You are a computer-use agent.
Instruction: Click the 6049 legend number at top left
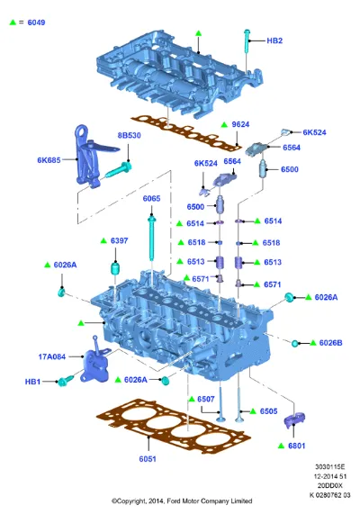(x=36, y=23)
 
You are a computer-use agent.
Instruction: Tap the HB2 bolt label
(x=274, y=41)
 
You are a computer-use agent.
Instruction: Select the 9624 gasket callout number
(x=240, y=124)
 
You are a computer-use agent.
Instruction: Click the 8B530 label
(x=130, y=135)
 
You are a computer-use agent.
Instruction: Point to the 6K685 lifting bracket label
(x=49, y=160)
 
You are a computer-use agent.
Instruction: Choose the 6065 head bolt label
(x=151, y=198)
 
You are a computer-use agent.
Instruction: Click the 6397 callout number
(x=119, y=240)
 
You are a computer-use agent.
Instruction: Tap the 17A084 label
(x=52, y=356)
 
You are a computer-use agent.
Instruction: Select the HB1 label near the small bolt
(x=32, y=382)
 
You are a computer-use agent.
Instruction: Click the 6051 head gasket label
(x=148, y=459)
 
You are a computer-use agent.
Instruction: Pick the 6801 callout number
(x=296, y=446)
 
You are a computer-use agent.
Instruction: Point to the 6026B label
(x=330, y=343)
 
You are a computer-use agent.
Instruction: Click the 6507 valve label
(x=206, y=399)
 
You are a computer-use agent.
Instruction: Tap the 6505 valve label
(x=268, y=411)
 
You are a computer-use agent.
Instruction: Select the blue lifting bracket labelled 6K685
(x=92, y=156)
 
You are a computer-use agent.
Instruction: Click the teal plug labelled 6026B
(x=295, y=343)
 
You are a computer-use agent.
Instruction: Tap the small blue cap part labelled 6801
(x=294, y=419)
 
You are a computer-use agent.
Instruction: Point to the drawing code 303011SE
(x=329, y=467)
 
